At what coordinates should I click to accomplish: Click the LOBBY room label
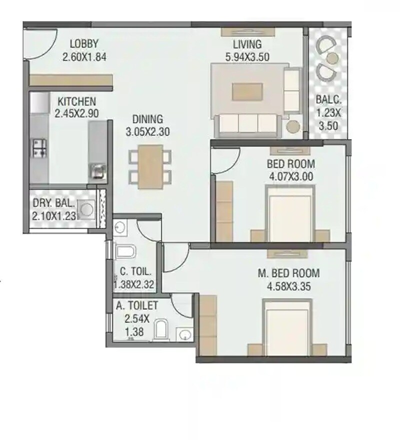(x=84, y=44)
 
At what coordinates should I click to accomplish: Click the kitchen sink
(x=96, y=172)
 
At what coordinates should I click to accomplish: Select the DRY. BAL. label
(x=53, y=204)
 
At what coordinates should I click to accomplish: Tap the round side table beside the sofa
(x=293, y=127)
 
